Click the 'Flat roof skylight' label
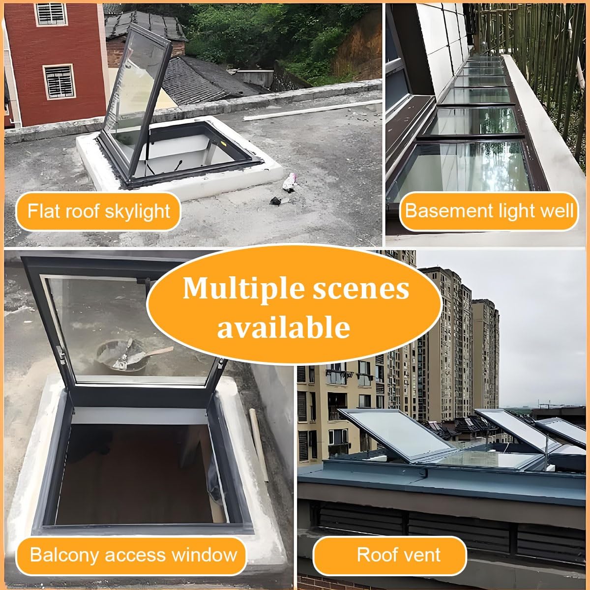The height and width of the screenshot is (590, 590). tap(98, 211)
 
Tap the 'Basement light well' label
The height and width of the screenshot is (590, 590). tap(489, 211)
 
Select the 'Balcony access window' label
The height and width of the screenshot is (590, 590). tap(133, 555)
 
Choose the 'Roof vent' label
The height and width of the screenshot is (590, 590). tap(398, 555)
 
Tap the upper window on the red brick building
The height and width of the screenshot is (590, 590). tap(51, 14)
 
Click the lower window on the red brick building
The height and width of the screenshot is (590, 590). tap(59, 81)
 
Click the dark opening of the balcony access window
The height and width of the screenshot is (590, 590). tap(133, 472)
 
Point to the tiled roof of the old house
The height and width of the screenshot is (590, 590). tap(202, 81)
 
